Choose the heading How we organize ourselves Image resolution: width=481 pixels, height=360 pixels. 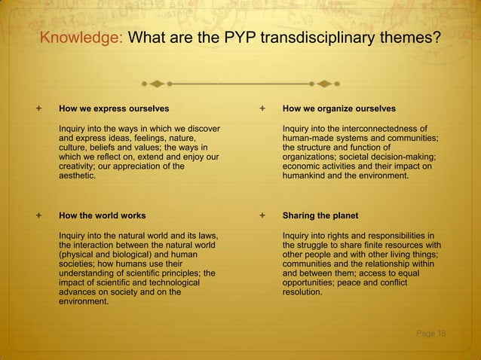tap(339, 108)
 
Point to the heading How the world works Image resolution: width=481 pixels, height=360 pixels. tap(103, 215)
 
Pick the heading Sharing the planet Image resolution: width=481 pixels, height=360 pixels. tap(320, 215)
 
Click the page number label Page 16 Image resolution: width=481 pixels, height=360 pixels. tap(432, 334)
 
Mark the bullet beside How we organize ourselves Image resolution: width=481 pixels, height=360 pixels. tap(261, 108)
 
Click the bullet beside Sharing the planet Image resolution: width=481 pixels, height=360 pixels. tap(261, 215)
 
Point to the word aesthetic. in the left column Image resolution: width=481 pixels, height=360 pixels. tap(78, 175)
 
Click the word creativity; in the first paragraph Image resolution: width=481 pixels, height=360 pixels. tap(79, 166)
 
